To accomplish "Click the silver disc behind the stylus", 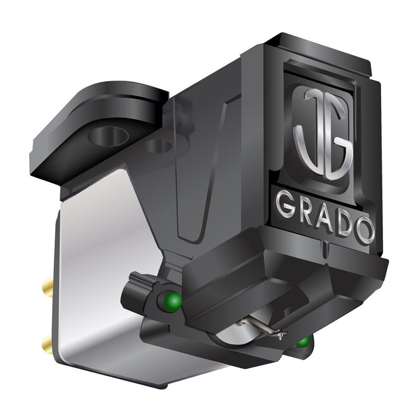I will [x=235, y=334].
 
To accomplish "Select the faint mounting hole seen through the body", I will [x=159, y=146].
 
